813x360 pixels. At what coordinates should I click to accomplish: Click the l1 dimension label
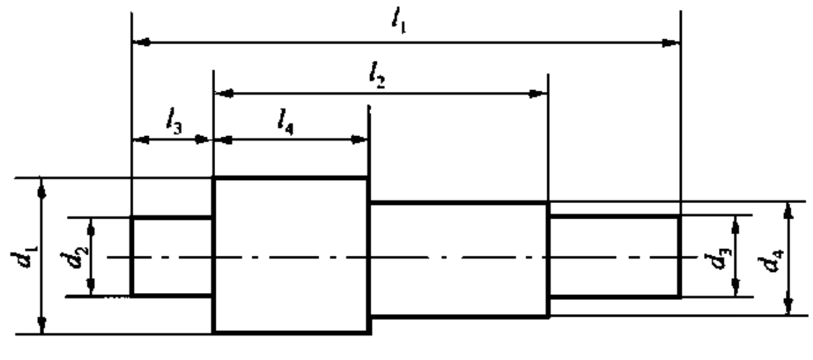(x=399, y=21)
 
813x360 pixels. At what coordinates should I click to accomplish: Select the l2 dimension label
(x=377, y=76)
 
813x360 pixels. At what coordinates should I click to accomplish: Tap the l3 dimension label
(x=175, y=120)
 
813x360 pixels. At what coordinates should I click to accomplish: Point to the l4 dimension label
(x=285, y=122)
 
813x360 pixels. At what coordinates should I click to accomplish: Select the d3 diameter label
(x=718, y=260)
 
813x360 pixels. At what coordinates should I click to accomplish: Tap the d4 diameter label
(x=770, y=261)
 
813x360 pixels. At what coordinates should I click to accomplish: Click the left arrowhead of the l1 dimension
(x=141, y=42)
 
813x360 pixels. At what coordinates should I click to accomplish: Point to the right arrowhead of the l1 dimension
(x=670, y=43)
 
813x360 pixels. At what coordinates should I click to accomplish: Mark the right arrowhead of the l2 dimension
(x=538, y=94)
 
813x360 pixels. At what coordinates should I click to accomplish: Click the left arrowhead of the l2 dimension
(x=225, y=94)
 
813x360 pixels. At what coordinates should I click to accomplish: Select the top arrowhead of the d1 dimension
(x=42, y=189)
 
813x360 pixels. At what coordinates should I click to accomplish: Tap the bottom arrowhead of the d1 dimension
(x=42, y=324)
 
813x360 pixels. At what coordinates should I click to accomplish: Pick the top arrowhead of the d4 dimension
(x=787, y=211)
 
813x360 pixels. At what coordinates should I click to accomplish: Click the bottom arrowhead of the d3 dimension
(x=735, y=288)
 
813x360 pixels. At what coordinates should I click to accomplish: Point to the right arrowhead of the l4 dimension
(x=359, y=140)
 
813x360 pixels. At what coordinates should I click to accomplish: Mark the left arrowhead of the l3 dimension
(x=141, y=139)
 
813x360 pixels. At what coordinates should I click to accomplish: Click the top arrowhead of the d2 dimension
(x=91, y=227)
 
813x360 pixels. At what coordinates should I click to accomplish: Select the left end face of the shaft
(x=131, y=256)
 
